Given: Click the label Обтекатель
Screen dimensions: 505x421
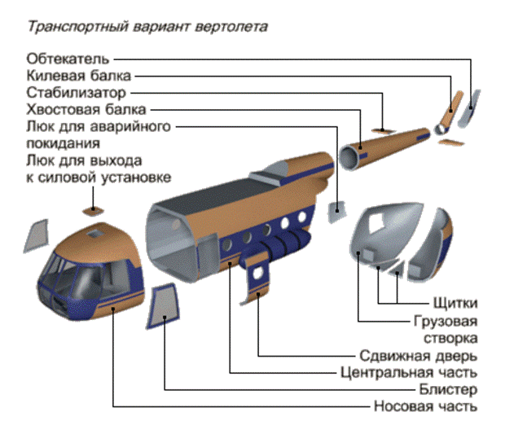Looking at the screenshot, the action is (x=68, y=59).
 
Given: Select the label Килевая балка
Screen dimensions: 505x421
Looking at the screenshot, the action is (x=78, y=76).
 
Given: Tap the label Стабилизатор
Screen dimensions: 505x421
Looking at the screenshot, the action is (x=76, y=93).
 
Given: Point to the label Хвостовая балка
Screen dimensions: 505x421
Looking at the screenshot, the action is (x=86, y=109).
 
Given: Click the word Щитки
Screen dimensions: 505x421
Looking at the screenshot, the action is (x=455, y=303).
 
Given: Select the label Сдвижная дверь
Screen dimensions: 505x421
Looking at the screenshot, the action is (x=419, y=356).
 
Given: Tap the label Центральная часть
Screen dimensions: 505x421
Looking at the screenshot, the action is (x=409, y=372).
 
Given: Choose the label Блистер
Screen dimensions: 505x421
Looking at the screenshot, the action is (x=448, y=389).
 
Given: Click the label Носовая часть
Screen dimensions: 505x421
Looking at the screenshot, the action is (x=425, y=406).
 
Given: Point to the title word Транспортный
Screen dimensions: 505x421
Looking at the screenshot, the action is (x=78, y=27).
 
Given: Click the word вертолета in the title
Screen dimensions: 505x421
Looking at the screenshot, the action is (x=231, y=27).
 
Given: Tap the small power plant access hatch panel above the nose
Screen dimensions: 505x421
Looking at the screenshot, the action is (x=93, y=211).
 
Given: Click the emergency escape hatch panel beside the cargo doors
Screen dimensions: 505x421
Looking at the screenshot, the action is (x=336, y=212).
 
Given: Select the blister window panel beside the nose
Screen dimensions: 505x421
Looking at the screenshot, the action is (x=164, y=306).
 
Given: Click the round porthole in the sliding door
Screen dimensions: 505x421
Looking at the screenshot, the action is (x=257, y=273).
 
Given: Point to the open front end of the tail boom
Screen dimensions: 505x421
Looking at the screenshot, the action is (x=351, y=157).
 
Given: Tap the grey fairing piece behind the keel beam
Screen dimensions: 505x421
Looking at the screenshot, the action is (x=470, y=108).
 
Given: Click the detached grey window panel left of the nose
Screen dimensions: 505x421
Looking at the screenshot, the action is (x=37, y=236).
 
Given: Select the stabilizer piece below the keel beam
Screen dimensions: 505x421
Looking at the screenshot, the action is (x=451, y=143).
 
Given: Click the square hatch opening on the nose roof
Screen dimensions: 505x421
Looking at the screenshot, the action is (x=94, y=234).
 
